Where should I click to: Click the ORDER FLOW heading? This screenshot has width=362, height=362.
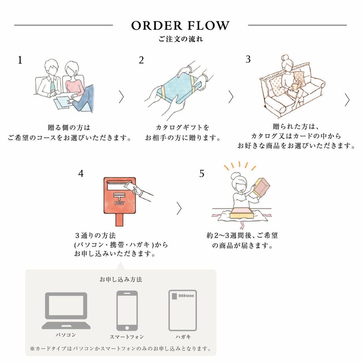pyautogui.click(x=181, y=26)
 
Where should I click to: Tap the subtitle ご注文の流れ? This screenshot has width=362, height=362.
pyautogui.click(x=181, y=39)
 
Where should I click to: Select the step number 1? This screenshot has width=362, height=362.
pyautogui.click(x=20, y=60)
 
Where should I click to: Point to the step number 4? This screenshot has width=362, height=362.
pyautogui.click(x=81, y=173)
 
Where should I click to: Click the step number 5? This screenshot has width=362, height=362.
pyautogui.click(x=202, y=173)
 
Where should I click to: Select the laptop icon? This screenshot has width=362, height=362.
pyautogui.click(x=66, y=310)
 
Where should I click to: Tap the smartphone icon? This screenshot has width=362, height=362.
pyautogui.click(x=127, y=310)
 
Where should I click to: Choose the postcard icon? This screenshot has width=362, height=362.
pyautogui.click(x=183, y=310)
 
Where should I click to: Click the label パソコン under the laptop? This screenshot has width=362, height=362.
pyautogui.click(x=66, y=335)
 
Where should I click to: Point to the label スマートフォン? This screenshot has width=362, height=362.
pyautogui.click(x=127, y=337)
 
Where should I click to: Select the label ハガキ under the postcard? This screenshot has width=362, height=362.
pyautogui.click(x=183, y=337)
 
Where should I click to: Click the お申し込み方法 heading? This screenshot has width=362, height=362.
pyautogui.click(x=121, y=279)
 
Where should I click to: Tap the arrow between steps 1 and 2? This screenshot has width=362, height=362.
pyautogui.click(x=121, y=96)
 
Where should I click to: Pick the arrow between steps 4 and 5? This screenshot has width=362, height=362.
pyautogui.click(x=179, y=208)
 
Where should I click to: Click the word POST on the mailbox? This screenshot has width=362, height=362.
pyautogui.click(x=119, y=203)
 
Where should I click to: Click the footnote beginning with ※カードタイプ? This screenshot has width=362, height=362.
pyautogui.click(x=121, y=349)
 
